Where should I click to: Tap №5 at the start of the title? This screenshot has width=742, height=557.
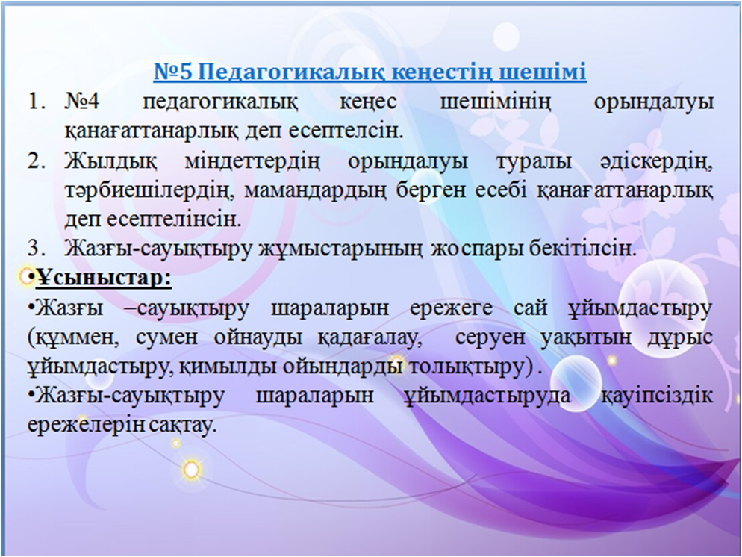175,72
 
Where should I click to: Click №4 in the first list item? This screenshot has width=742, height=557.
82,102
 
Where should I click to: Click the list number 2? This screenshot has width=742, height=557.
36,161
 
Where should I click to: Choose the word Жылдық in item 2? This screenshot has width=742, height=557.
110,162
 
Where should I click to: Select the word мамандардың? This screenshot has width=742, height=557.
315,190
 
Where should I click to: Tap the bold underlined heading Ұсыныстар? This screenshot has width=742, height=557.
103,278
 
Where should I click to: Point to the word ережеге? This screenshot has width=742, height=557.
451,309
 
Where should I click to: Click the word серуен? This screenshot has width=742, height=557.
490,338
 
